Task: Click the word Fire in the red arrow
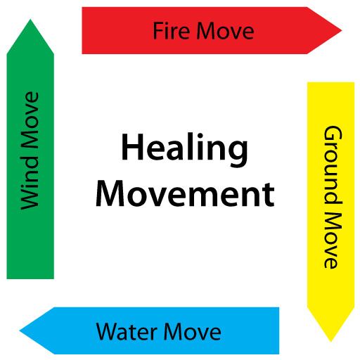pyautogui.click(x=172, y=30)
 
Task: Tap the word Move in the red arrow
pyautogui.click(x=225, y=31)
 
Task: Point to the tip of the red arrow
pyautogui.click(x=342, y=30)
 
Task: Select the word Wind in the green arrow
pyautogui.click(x=30, y=183)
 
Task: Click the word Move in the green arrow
pyautogui.click(x=30, y=120)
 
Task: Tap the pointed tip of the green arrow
pyautogui.click(x=30, y=20)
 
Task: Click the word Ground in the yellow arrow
pyautogui.click(x=333, y=165)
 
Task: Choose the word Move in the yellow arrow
pyautogui.click(x=330, y=240)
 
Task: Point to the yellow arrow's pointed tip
pyautogui.click(x=330, y=342)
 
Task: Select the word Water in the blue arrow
pyautogui.click(x=127, y=332)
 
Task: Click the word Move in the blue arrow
pyautogui.click(x=193, y=332)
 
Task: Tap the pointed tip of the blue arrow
pyautogui.click(x=20, y=330)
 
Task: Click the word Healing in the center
pyautogui.click(x=185, y=150)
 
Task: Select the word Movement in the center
pyautogui.click(x=185, y=193)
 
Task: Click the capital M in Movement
pyautogui.click(x=110, y=193)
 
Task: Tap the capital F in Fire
pyautogui.click(x=158, y=30)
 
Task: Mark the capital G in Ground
pyautogui.click(x=333, y=136)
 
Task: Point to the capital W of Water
pyautogui.click(x=108, y=332)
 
